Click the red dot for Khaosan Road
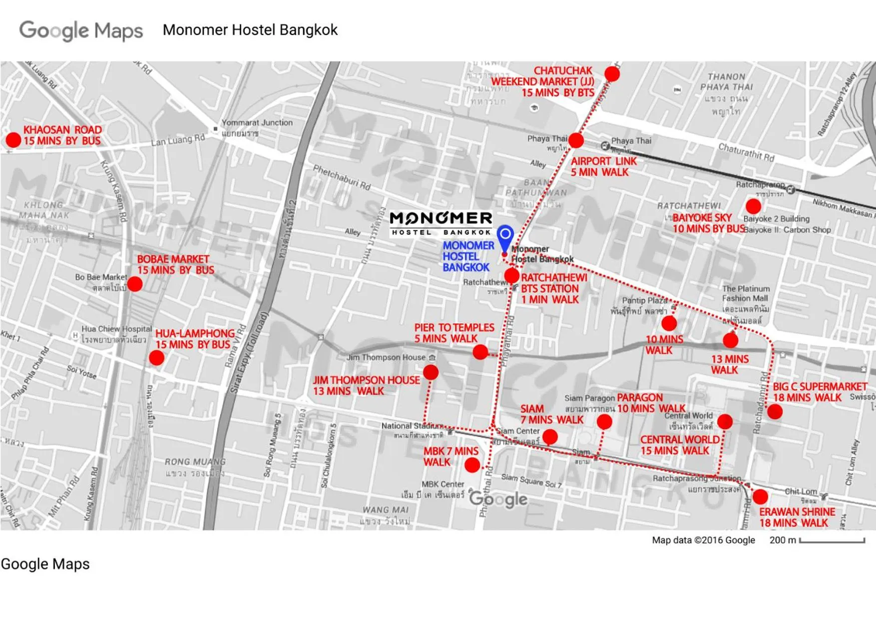(x=13, y=140)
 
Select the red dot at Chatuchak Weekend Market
(x=612, y=74)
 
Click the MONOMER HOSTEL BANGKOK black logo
(x=440, y=223)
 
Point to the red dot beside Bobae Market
(x=135, y=284)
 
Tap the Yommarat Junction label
(x=257, y=123)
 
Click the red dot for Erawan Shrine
(x=760, y=497)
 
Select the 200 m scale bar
(x=832, y=541)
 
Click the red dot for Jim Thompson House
(x=431, y=372)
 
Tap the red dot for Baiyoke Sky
(x=753, y=206)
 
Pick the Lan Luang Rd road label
(x=178, y=140)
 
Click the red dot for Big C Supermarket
(x=775, y=412)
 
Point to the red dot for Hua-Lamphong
(x=156, y=358)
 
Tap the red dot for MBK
(x=472, y=466)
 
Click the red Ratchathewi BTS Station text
(x=553, y=289)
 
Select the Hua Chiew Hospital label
(x=116, y=329)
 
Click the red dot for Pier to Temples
(x=480, y=352)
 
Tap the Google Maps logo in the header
(x=81, y=30)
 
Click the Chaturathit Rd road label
(x=746, y=152)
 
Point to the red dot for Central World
(x=725, y=422)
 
